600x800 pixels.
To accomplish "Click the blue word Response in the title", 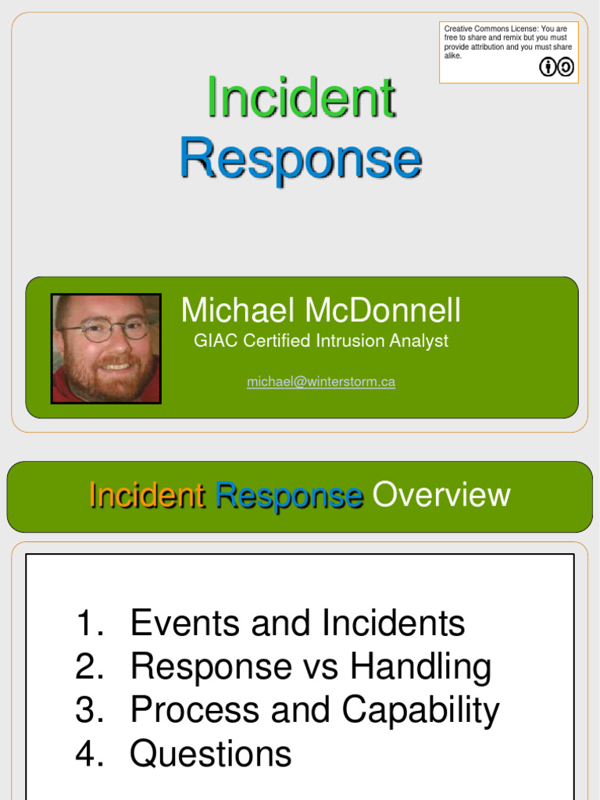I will (301, 158).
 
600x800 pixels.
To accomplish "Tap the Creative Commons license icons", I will (556, 67).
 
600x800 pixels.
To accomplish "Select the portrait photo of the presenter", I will (106, 348).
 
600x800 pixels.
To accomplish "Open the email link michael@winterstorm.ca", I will (320, 382).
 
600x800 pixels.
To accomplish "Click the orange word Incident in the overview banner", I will (147, 495).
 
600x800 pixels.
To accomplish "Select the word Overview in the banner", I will (441, 495).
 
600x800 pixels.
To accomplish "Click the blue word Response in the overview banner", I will (288, 495).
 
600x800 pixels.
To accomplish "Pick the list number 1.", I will (90, 623).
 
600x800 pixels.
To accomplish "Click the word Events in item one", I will (179, 623).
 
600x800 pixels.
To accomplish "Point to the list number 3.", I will (90, 710).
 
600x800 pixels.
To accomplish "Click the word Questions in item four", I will (211, 754).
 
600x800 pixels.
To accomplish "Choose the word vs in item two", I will (323, 667).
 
